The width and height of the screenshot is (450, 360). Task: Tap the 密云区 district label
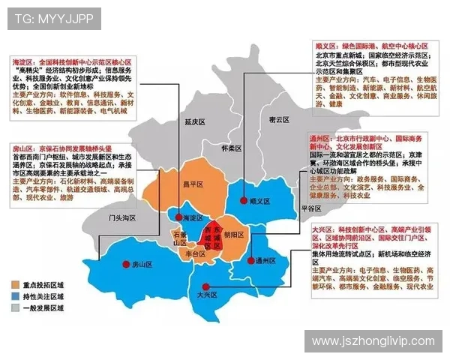click(279, 119)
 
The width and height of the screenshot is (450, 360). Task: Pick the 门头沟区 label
click(121, 217)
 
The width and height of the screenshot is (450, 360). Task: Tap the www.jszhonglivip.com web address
click(372, 341)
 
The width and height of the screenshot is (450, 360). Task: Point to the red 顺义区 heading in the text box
click(322, 46)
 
